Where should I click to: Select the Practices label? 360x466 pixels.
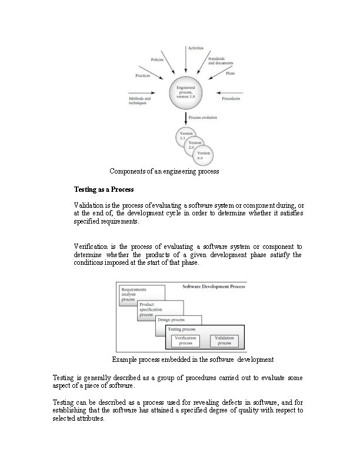(142, 75)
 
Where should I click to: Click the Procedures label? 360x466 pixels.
(231, 99)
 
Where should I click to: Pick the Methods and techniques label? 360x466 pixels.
(139, 101)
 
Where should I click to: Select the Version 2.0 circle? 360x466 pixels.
(192, 145)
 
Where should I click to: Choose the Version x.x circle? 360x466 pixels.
(202, 156)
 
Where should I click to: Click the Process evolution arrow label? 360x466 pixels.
(203, 118)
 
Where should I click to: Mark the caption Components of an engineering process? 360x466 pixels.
(164, 172)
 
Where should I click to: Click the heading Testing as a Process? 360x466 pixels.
(104, 190)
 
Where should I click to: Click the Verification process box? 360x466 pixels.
(185, 341)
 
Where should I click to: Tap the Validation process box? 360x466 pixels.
(224, 341)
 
